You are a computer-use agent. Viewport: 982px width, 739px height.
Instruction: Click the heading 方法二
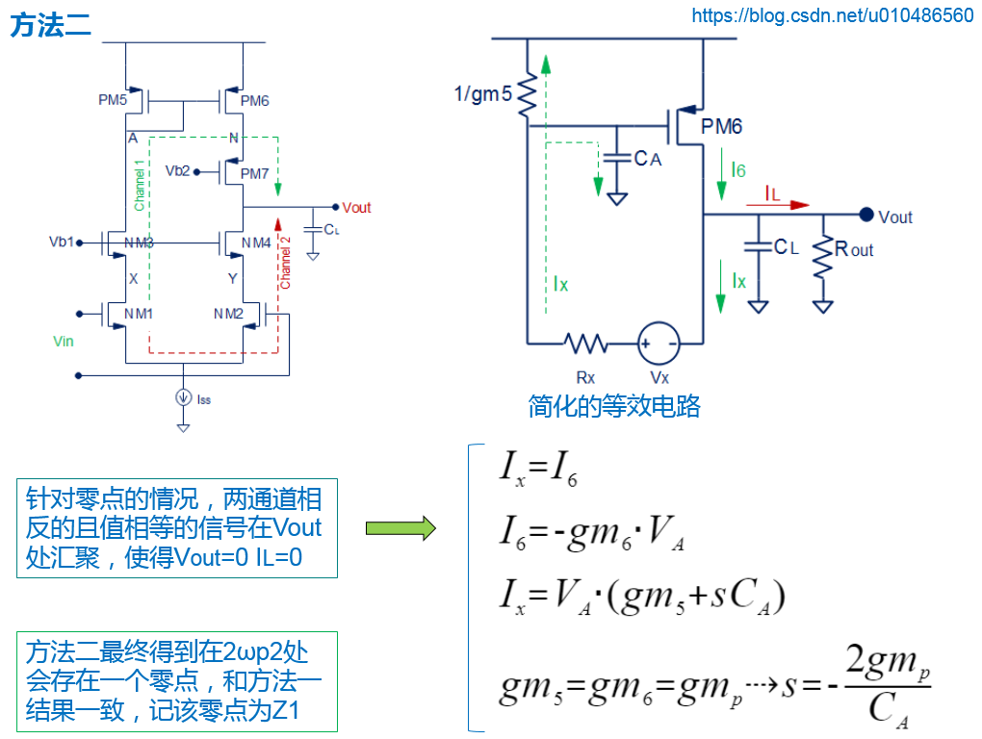coord(51,26)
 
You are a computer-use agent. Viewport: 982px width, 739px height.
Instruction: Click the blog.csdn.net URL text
coord(833,15)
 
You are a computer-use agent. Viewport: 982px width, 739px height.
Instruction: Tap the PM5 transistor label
coord(112,100)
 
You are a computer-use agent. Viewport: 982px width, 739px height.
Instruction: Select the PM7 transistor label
coord(254,173)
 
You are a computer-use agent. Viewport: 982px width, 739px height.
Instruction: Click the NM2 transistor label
coord(229,314)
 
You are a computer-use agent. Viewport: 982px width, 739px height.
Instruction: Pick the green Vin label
coord(63,341)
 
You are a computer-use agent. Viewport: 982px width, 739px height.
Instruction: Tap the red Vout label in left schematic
coord(356,208)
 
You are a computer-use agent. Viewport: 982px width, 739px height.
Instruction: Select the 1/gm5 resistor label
coord(483,93)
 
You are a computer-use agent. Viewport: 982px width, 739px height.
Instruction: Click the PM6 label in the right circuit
coord(721,127)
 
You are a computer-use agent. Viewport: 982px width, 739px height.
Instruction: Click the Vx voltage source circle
coord(659,343)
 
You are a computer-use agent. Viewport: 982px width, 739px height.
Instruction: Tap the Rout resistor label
coord(854,249)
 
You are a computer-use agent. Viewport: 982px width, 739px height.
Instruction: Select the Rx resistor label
coord(585,376)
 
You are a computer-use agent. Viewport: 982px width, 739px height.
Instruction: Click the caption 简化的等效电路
coord(613,406)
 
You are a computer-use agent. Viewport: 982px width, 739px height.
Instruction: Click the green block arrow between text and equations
coord(400,527)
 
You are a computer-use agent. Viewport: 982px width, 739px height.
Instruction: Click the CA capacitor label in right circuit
coord(648,159)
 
